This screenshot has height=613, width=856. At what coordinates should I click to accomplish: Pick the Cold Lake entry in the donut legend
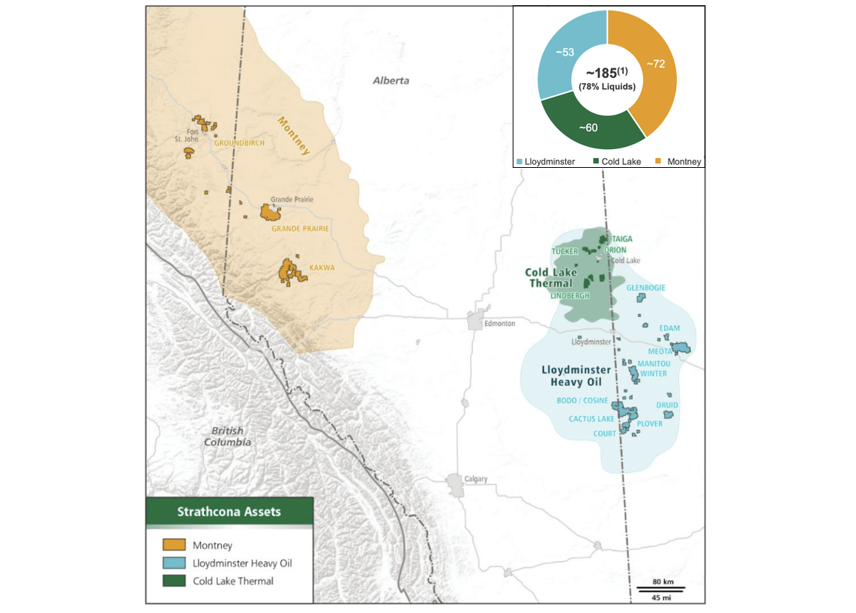pos(619,161)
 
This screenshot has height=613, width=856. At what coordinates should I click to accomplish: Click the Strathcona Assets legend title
pos(229,512)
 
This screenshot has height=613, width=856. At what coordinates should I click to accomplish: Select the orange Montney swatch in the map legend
pos(174,545)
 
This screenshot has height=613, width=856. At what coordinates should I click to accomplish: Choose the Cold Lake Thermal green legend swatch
pos(174,580)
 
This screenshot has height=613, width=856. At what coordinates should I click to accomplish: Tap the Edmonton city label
pos(499,323)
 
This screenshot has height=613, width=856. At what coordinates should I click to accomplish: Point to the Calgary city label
pos(475,479)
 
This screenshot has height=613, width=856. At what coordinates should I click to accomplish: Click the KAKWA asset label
pos(322,267)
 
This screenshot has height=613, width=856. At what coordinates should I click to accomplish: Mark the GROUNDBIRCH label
pos(239,143)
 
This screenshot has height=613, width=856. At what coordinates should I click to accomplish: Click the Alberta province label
pos(391,80)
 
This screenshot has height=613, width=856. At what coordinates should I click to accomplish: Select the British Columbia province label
pos(227,436)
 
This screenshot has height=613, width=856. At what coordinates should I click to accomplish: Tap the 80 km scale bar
pos(661,588)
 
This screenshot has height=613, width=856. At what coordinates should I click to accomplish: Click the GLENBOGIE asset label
pos(645,288)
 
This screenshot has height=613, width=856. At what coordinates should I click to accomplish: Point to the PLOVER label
pos(649,423)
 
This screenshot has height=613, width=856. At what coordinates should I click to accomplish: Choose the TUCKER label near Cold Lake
pos(565,251)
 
